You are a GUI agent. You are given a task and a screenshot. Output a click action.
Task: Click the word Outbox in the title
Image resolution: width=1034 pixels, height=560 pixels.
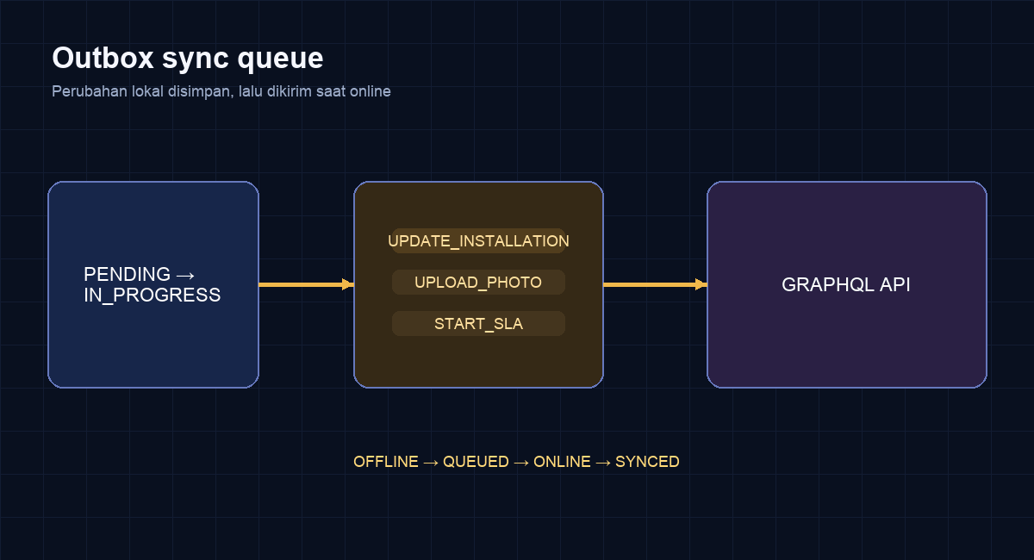(x=103, y=59)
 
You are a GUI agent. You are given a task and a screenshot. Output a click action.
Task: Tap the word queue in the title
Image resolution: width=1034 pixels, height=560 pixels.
(x=280, y=61)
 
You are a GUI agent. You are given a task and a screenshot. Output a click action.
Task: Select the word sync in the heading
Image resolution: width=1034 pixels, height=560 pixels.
(x=196, y=60)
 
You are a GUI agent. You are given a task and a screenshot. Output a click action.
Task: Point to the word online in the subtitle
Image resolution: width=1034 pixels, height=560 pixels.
(x=370, y=91)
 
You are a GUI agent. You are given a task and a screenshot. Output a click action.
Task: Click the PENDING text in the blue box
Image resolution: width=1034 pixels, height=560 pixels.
(x=127, y=274)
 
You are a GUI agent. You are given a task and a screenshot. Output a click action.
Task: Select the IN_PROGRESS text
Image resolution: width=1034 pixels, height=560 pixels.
(x=153, y=296)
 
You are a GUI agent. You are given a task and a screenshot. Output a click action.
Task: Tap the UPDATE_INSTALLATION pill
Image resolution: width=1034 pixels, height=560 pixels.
(x=479, y=241)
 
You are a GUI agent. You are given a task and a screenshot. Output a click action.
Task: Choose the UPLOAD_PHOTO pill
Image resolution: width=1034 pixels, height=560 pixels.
(x=479, y=282)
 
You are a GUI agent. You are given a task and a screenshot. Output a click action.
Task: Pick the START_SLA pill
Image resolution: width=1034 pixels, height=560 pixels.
(x=479, y=324)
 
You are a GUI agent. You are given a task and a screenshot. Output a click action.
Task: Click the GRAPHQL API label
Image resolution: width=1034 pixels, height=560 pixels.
(x=846, y=285)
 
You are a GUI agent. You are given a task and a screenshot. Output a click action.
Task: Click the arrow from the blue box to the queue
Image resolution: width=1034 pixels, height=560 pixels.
(x=307, y=284)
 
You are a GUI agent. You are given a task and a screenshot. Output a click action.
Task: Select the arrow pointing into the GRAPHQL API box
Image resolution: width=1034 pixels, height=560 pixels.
(x=656, y=284)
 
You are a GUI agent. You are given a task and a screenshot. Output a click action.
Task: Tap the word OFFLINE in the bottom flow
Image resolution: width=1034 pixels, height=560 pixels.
(x=386, y=462)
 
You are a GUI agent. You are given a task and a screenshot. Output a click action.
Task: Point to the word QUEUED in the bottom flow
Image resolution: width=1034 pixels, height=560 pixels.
(x=476, y=462)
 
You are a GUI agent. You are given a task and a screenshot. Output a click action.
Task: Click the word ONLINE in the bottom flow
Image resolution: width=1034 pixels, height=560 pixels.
(x=562, y=462)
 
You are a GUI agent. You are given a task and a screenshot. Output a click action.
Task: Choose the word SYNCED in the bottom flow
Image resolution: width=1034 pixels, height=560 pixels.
(x=647, y=462)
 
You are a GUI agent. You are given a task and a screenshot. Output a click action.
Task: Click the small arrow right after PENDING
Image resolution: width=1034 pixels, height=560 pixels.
(x=185, y=276)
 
